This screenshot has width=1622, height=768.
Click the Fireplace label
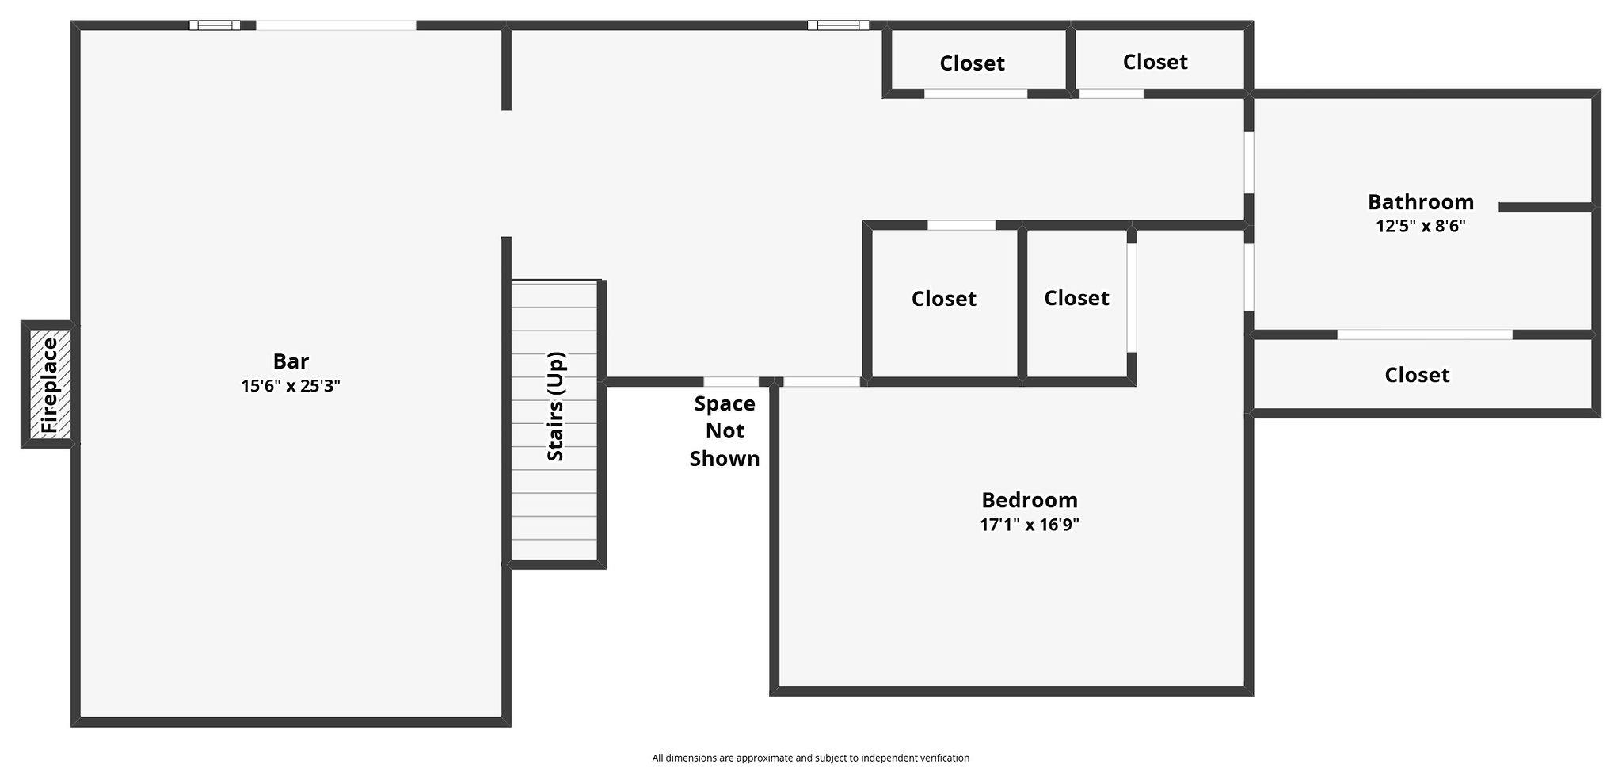pyautogui.click(x=49, y=385)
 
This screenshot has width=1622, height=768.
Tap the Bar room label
pyautogui.click(x=291, y=361)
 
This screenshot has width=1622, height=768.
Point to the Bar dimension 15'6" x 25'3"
pyautogui.click(x=291, y=387)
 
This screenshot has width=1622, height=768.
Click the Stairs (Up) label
pyautogui.click(x=556, y=407)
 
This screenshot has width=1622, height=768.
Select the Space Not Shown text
pyautogui.click(x=725, y=431)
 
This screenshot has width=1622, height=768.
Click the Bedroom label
pyautogui.click(x=1030, y=500)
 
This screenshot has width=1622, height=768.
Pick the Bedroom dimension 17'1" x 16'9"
pyautogui.click(x=1030, y=525)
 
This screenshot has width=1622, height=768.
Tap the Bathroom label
pyautogui.click(x=1421, y=201)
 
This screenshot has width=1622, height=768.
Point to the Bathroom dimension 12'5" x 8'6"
pyautogui.click(x=1421, y=226)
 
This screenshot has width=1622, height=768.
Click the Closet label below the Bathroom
pyautogui.click(x=1417, y=375)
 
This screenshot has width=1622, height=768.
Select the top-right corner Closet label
pyautogui.click(x=1155, y=62)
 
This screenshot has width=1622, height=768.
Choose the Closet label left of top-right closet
pyautogui.click(x=972, y=63)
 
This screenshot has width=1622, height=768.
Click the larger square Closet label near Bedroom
pyautogui.click(x=943, y=299)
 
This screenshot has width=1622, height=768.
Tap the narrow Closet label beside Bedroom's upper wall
pyautogui.click(x=1076, y=298)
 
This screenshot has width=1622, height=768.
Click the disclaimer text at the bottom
pyautogui.click(x=810, y=758)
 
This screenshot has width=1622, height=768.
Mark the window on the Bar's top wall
pyautogui.click(x=215, y=25)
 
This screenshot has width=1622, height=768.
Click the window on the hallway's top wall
pyautogui.click(x=838, y=25)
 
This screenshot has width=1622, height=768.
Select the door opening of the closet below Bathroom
pyautogui.click(x=1425, y=334)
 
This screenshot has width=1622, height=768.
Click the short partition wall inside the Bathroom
pyautogui.click(x=1545, y=208)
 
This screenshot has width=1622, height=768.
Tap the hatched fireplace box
pyautogui.click(x=50, y=384)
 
